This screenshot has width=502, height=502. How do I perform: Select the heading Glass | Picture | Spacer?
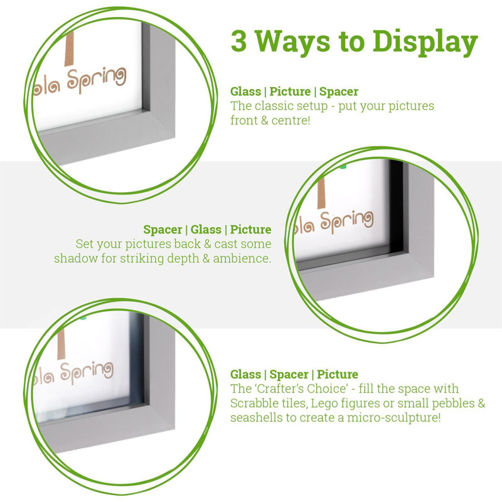(294, 92)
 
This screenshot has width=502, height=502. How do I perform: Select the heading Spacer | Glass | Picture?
(207, 230)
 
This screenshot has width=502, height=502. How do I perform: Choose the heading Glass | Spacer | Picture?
(294, 375)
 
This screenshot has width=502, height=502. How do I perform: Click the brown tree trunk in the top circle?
(69, 47)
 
